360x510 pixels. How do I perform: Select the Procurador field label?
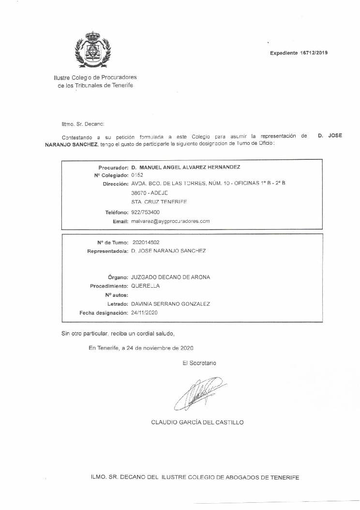click(113, 167)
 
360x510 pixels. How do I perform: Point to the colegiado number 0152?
click(137, 175)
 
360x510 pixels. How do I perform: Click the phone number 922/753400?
click(146, 212)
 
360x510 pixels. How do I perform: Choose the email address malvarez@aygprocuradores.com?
click(170, 221)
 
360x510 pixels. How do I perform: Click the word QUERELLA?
click(145, 286)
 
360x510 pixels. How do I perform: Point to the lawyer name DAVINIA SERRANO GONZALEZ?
click(170, 304)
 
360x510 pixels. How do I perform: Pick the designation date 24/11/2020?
click(145, 313)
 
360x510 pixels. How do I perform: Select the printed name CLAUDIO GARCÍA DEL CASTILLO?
click(197, 422)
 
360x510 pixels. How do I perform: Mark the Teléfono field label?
click(116, 212)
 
